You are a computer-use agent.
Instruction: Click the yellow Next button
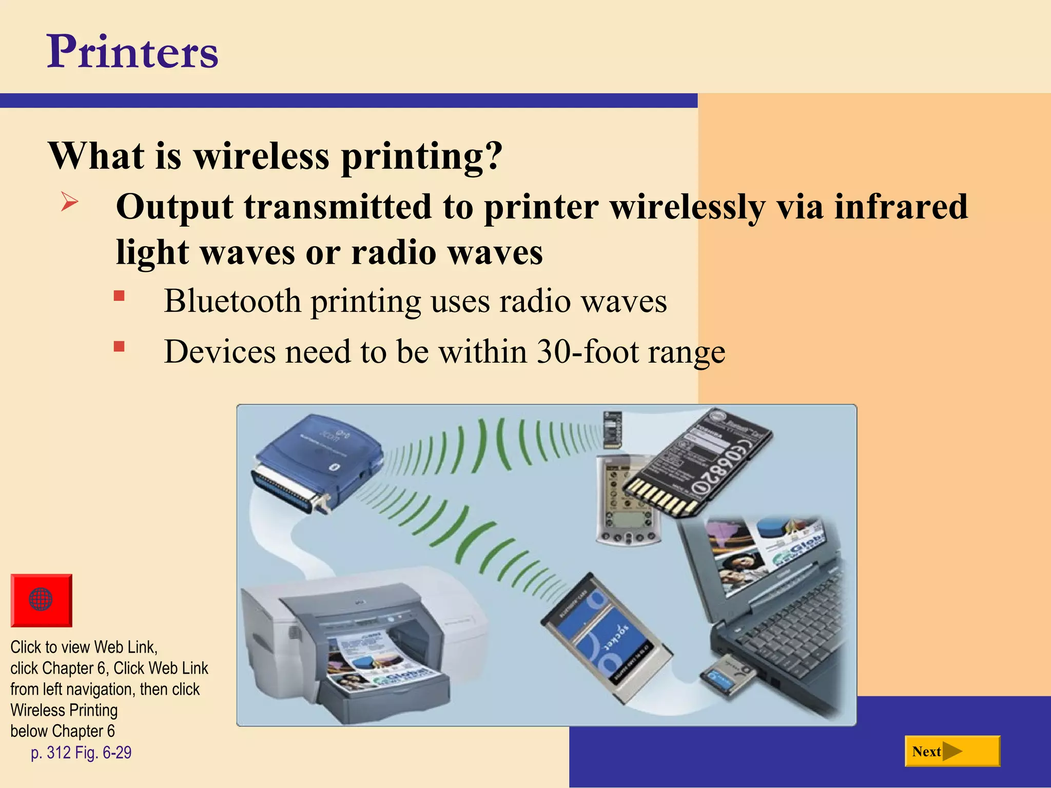pos(952,751)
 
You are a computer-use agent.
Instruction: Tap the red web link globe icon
pos(41,600)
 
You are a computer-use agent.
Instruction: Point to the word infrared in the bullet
pos(901,207)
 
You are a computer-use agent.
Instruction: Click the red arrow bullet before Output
pos(69,201)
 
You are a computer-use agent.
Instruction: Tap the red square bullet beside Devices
pos(119,347)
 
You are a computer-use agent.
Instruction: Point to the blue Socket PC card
pos(606,636)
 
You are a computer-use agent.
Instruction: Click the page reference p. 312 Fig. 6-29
pos(81,753)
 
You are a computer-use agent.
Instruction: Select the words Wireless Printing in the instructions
pos(64,710)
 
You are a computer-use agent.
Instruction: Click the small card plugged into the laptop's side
pos(729,677)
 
